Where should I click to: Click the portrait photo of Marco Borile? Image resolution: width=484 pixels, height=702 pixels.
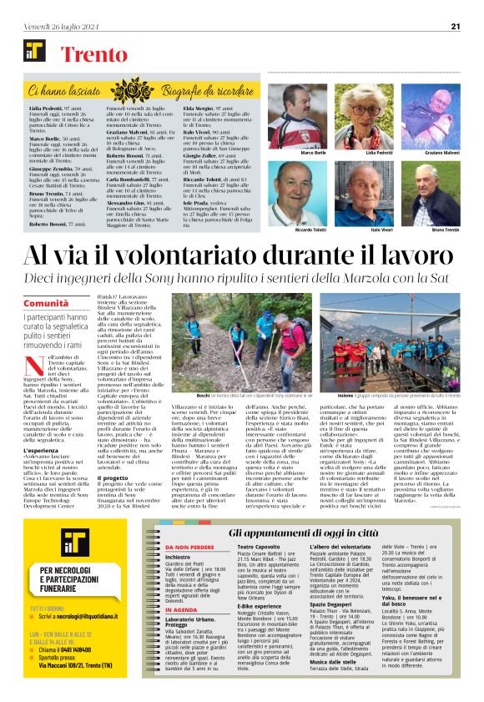coord(297,117)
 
